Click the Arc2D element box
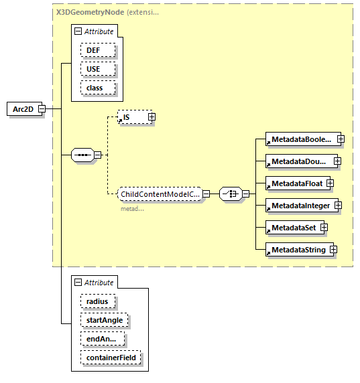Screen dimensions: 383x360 (x=23, y=108)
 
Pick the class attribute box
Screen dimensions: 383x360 (x=98, y=88)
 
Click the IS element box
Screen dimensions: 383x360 (x=131, y=117)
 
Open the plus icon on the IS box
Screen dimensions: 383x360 (x=152, y=117)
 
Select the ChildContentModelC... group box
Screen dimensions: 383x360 (x=160, y=194)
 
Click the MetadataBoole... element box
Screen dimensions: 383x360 (x=300, y=139)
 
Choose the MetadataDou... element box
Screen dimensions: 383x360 (x=298, y=161)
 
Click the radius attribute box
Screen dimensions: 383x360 (x=98, y=301)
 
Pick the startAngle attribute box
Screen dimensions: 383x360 (x=103, y=321)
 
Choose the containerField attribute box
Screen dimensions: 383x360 (x=111, y=358)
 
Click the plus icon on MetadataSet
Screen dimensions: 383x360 (x=324, y=228)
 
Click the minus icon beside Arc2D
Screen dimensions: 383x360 (x=42, y=108)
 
